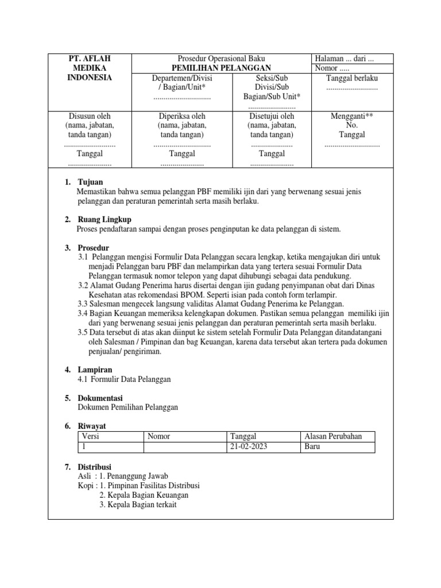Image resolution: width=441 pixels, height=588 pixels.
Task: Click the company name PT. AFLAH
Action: [90, 59]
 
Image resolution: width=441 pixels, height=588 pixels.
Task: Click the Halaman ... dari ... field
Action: [344, 59]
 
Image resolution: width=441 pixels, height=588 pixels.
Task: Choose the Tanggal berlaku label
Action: [351, 78]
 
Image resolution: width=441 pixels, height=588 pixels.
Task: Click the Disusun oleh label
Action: [90, 115]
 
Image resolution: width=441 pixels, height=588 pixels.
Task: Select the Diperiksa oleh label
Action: [181, 115]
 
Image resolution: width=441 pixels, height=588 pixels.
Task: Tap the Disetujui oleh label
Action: [272, 115]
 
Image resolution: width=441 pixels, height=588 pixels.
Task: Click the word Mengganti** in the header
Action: [352, 115]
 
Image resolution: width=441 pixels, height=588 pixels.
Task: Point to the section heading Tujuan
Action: [90, 182]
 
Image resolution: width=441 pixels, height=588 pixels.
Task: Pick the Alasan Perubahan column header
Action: [333, 436]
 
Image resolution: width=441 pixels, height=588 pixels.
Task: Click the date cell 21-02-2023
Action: [248, 446]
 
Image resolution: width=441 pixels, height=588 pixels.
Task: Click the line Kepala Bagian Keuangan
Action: [144, 494]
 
